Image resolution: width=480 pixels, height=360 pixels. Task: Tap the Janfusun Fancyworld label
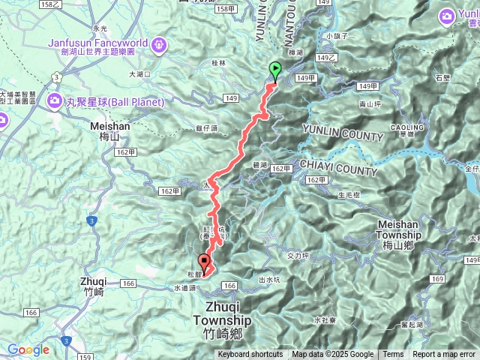(x=98, y=43)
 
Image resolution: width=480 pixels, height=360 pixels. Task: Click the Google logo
(x=28, y=349)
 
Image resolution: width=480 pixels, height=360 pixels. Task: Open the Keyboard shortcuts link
(x=250, y=355)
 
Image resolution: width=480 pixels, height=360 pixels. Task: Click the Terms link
(x=393, y=355)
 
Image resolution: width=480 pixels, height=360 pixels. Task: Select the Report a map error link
(x=444, y=355)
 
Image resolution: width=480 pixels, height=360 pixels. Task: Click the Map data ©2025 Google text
(x=333, y=355)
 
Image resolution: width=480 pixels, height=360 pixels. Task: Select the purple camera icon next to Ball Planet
(x=55, y=101)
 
